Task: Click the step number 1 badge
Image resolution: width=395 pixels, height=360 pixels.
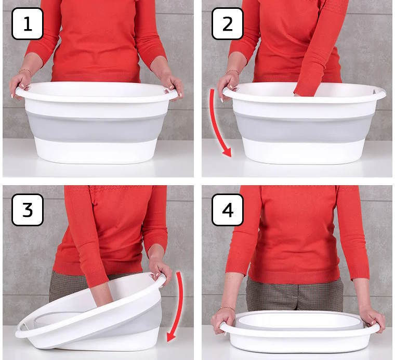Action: click(28, 24)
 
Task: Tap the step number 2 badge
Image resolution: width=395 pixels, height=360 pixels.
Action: click(228, 24)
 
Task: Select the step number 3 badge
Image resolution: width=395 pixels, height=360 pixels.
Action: click(28, 210)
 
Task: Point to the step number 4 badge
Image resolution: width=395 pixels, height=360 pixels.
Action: click(228, 210)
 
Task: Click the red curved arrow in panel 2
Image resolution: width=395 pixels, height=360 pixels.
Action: click(215, 123)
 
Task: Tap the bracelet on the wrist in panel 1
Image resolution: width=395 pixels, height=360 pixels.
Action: click(25, 71)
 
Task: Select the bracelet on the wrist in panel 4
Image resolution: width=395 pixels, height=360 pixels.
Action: click(226, 308)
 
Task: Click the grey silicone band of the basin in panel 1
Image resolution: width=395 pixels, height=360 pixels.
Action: click(96, 127)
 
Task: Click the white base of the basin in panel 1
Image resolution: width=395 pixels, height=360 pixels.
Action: click(96, 151)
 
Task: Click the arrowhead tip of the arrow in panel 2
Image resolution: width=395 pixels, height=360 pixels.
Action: click(230, 157)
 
